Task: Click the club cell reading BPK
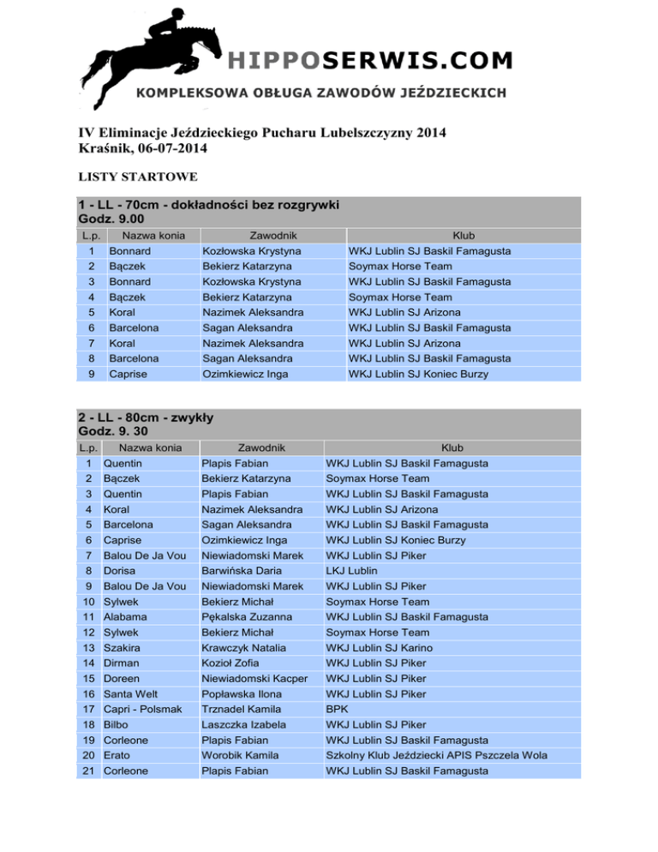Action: click(337, 710)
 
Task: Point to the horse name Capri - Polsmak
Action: click(141, 710)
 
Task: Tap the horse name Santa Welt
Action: click(130, 694)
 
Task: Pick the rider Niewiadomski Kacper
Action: click(254, 679)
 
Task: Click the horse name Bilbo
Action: click(116, 725)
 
